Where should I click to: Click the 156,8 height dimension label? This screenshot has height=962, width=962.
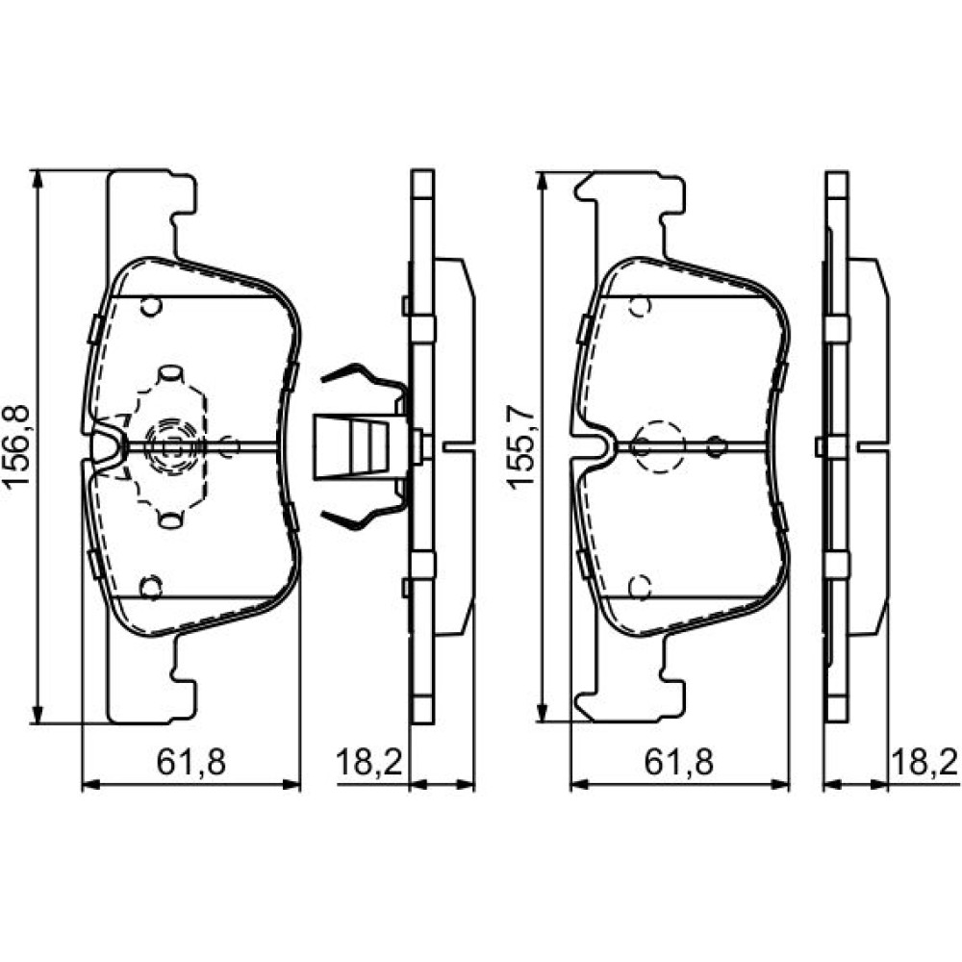coord(17,445)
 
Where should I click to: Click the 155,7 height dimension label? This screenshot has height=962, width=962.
coord(520,446)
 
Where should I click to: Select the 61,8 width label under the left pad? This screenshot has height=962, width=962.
coord(191,762)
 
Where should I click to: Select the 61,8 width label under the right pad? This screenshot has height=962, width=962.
coord(678,762)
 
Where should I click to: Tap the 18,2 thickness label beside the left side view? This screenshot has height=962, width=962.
coord(368,762)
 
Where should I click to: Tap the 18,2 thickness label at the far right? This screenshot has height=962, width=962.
coord(924,762)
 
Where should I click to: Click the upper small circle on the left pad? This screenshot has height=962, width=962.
coord(150,306)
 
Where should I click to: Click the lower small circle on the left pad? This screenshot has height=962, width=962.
coord(150,588)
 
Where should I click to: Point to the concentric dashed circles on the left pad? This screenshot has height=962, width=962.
coord(171,447)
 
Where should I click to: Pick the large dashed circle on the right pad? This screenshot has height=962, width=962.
coord(659,446)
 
